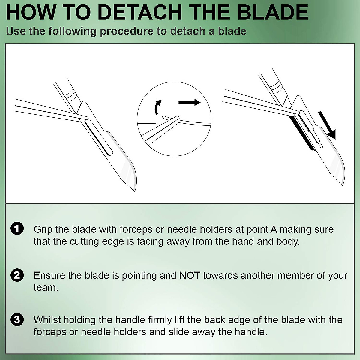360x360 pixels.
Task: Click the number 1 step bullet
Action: (x=17, y=229)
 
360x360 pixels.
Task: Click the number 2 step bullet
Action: (x=17, y=275)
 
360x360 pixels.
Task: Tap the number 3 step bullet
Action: (x=17, y=319)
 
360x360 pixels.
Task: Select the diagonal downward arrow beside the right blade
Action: (x=327, y=125)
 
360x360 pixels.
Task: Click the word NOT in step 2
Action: (x=190, y=275)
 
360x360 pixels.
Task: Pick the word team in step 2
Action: (x=46, y=287)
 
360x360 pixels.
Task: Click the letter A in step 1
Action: (x=273, y=229)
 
